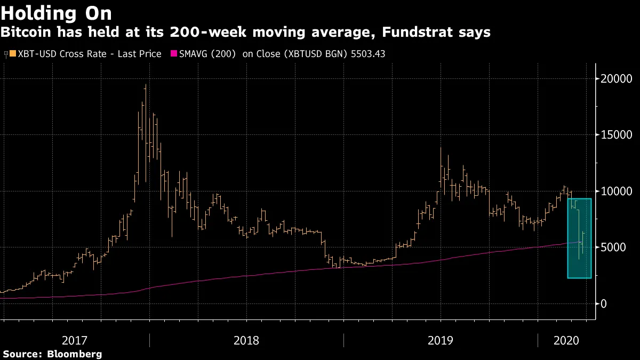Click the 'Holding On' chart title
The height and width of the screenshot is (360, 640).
56,13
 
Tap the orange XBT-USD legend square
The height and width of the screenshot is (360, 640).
13,53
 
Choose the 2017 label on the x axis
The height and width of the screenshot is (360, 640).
75,340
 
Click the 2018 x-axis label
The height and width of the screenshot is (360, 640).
246,340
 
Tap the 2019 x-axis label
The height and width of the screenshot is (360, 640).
441,340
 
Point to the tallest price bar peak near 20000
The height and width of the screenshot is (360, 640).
146,85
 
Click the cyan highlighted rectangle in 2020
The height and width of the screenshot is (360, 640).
579,238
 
